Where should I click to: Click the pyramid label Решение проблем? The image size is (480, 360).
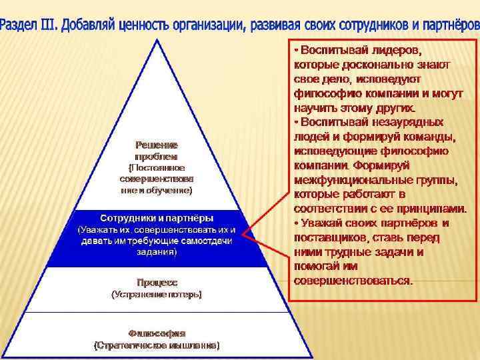point(157,150)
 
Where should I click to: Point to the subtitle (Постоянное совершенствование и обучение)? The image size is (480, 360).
point(157,179)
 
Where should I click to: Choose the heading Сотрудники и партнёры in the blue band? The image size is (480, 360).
point(157,218)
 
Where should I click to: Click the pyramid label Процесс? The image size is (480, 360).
point(157,282)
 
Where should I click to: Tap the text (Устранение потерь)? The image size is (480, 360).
point(157,294)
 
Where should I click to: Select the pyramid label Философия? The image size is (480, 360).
point(157,333)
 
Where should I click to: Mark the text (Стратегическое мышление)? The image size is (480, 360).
point(157,345)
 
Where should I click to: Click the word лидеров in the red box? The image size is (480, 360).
point(398,51)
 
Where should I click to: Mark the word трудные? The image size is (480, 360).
point(352,252)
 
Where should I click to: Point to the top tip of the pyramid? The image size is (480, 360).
point(157,39)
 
